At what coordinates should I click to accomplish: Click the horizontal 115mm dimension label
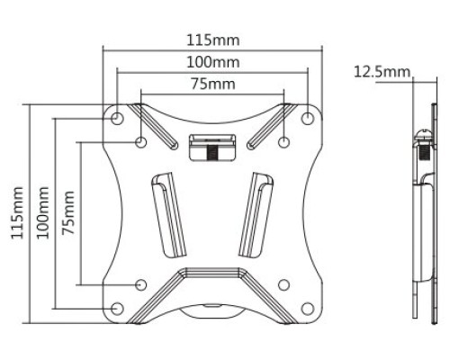point(213,40)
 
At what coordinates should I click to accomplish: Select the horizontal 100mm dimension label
point(213,62)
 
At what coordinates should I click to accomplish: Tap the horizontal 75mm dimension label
point(213,84)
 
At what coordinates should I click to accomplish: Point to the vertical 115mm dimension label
point(17,212)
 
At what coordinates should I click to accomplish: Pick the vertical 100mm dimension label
point(43,212)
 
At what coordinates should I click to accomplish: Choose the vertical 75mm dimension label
point(68,212)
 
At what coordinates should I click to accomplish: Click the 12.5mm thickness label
point(382,72)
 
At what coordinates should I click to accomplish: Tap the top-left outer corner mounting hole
point(117,118)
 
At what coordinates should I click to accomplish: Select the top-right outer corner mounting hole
point(308,118)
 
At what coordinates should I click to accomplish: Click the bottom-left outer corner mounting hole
point(117,309)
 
